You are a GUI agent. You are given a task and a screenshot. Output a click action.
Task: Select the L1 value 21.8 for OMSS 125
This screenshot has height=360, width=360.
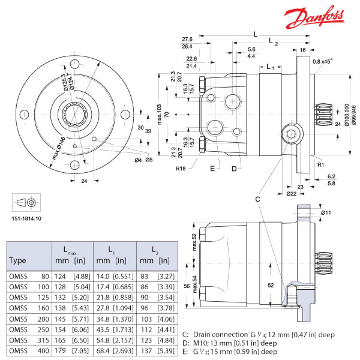[x=103, y=298]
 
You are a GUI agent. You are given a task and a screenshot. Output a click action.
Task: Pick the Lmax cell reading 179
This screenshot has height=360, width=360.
[x=60, y=350]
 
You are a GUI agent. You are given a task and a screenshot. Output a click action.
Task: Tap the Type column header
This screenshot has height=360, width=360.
[x=17, y=260]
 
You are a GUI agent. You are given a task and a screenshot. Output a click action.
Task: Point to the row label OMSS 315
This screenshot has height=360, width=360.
[x=29, y=340]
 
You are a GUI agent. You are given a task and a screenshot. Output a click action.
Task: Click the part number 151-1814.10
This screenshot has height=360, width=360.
[x=26, y=218]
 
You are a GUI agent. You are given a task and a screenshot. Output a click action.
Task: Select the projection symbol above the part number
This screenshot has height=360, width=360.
[x=26, y=203]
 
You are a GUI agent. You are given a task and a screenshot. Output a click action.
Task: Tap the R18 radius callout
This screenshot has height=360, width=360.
[x=181, y=169]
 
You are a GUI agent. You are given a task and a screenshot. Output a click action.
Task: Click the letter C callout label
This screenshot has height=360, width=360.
[x=257, y=199]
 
